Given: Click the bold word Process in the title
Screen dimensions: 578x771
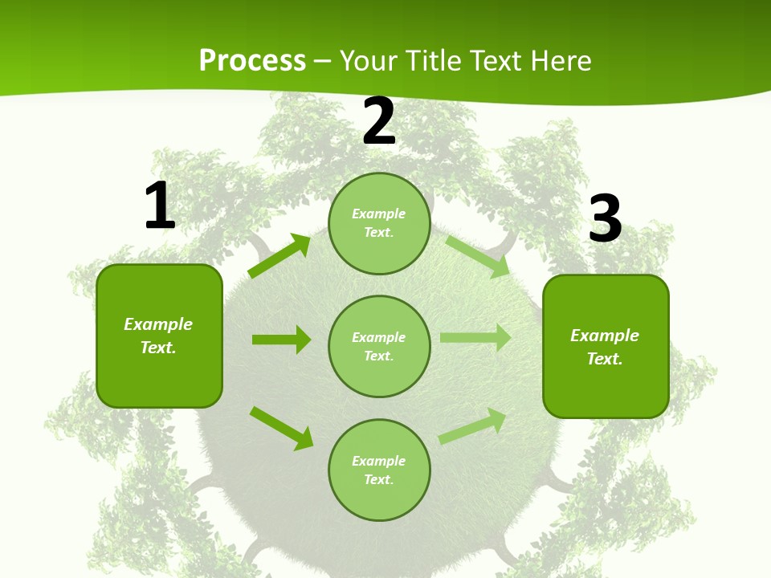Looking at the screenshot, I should [x=252, y=61].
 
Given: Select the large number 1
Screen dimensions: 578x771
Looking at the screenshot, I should [x=160, y=206].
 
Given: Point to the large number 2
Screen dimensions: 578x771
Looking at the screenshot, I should [x=379, y=122].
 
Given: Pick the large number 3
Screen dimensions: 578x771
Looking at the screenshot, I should [x=605, y=219].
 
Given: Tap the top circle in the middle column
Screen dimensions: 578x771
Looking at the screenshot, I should [x=379, y=223].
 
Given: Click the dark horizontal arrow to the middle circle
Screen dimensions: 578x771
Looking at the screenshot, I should [x=281, y=340].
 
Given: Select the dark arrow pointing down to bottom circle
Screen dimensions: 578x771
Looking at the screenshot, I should [x=282, y=428].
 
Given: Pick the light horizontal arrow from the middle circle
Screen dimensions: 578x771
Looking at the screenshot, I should [x=475, y=338].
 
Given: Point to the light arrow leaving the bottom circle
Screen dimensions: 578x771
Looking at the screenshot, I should [x=473, y=425].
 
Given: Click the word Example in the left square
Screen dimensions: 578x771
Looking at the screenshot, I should [x=158, y=324].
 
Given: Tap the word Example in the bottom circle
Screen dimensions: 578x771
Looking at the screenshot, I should [x=378, y=461].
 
